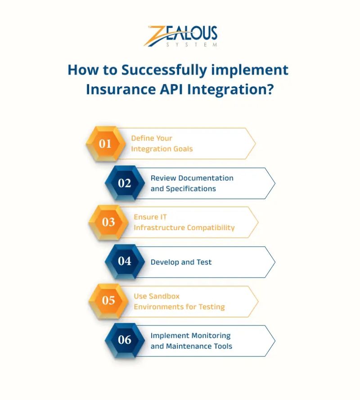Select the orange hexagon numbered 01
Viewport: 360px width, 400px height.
(105, 144)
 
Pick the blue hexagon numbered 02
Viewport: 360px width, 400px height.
(125, 183)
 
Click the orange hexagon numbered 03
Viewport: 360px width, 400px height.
(108, 222)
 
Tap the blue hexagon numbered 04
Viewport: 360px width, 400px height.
(125, 262)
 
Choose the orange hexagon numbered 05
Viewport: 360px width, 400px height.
(108, 301)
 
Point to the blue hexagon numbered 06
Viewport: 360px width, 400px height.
(125, 340)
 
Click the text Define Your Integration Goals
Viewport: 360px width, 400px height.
(162, 143)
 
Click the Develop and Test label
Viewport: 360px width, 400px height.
(181, 262)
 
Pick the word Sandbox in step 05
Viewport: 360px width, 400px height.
(165, 296)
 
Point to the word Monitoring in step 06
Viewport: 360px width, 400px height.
(211, 335)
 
